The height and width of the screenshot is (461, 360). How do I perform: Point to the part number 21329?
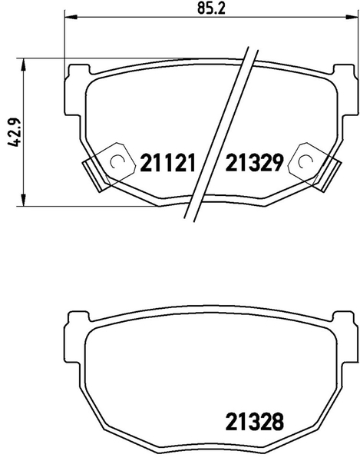[x=255, y=163]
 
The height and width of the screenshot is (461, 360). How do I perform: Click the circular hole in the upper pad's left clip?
[x=117, y=161]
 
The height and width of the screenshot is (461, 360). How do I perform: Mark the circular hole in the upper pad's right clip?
[x=305, y=161]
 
